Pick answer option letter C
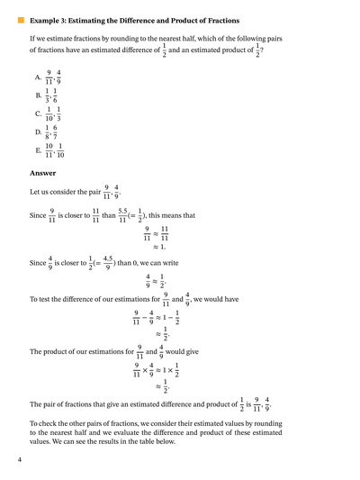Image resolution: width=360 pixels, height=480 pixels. (x=38, y=114)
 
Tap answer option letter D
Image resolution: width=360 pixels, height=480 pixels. (x=38, y=132)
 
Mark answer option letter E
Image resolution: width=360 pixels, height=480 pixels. (x=38, y=150)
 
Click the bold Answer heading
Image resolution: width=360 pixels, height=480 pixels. (x=42, y=172)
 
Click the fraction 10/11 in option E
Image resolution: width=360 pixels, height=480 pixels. (x=49, y=149)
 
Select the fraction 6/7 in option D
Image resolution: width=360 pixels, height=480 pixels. (x=60, y=131)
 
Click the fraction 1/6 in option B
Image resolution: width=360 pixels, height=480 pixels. (x=58, y=95)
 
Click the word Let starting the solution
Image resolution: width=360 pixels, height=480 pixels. (x=35, y=193)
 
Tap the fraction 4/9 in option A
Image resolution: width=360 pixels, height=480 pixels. (x=59, y=77)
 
